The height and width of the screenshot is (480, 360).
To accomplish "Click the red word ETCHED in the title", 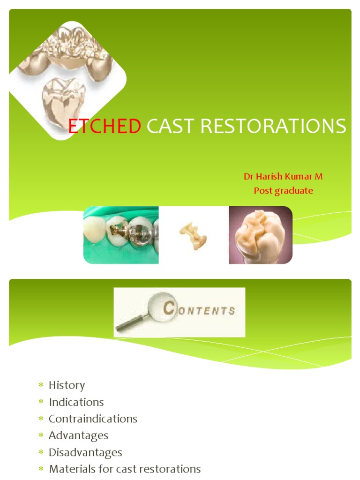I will click(105, 127).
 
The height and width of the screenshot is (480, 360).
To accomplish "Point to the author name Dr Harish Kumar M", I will click(283, 177).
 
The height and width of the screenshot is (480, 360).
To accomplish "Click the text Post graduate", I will click(283, 191).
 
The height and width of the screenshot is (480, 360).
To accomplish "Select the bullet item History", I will click(67, 385).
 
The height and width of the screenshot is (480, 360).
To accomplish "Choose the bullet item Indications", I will click(76, 402).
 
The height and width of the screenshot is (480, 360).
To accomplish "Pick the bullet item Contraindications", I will click(93, 419).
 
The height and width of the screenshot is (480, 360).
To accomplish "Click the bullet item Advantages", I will click(78, 435).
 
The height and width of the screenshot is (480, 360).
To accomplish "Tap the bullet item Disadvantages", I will click(85, 452).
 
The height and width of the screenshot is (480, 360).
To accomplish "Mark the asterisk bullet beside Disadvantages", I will click(41, 452).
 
